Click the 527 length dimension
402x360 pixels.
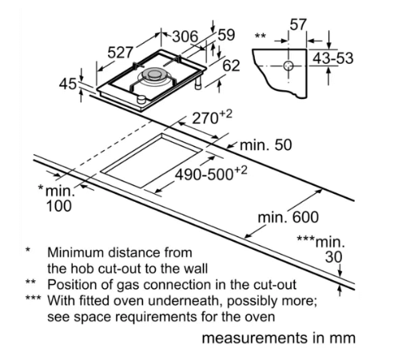click(120, 53)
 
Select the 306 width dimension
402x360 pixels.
click(185, 37)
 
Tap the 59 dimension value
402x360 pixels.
click(226, 35)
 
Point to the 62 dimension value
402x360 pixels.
click(231, 65)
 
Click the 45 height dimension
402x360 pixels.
click(68, 85)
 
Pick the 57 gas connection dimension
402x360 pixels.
click(298, 25)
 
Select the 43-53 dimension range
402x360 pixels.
click(332, 58)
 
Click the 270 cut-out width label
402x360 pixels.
click(212, 117)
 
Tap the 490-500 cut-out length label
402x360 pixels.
click(211, 173)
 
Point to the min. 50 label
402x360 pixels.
click(266, 145)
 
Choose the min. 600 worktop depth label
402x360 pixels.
click(289, 217)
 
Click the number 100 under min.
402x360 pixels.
click(59, 206)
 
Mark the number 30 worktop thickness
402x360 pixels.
click(333, 257)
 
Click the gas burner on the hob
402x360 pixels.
click(153, 76)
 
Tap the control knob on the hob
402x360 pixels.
click(141, 99)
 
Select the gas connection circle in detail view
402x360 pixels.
click(289, 65)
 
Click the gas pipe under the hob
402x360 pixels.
click(198, 83)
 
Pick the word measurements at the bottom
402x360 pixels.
click(254, 338)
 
